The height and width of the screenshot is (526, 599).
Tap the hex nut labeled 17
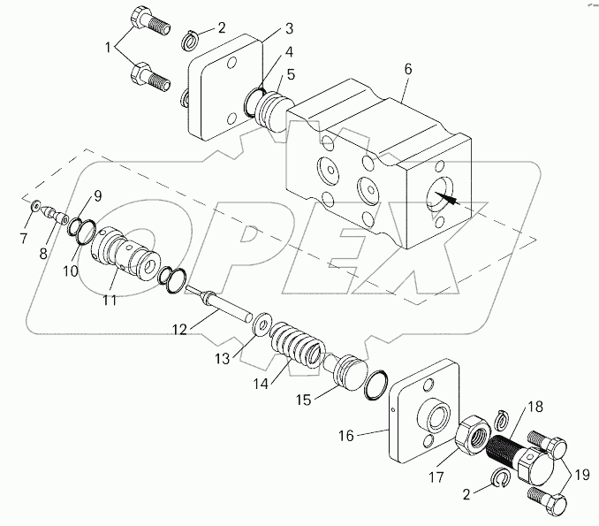472,434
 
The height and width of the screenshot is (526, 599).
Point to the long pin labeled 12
223,306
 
